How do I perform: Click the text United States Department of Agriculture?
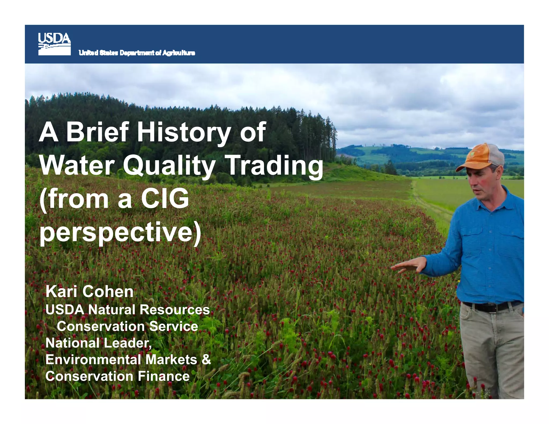(x=137, y=53)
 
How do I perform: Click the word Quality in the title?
(x=169, y=166)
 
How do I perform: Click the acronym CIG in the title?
(x=165, y=199)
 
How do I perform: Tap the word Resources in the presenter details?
(x=175, y=310)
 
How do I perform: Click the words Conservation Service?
(x=127, y=326)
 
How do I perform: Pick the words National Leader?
(x=99, y=343)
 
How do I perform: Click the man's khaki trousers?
(x=493, y=348)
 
